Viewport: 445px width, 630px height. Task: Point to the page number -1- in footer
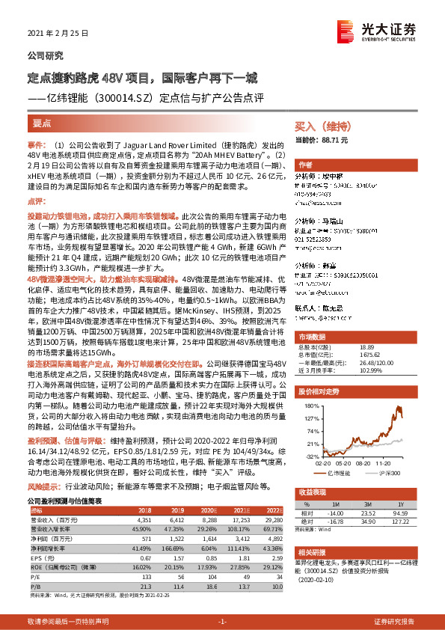(221, 622)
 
